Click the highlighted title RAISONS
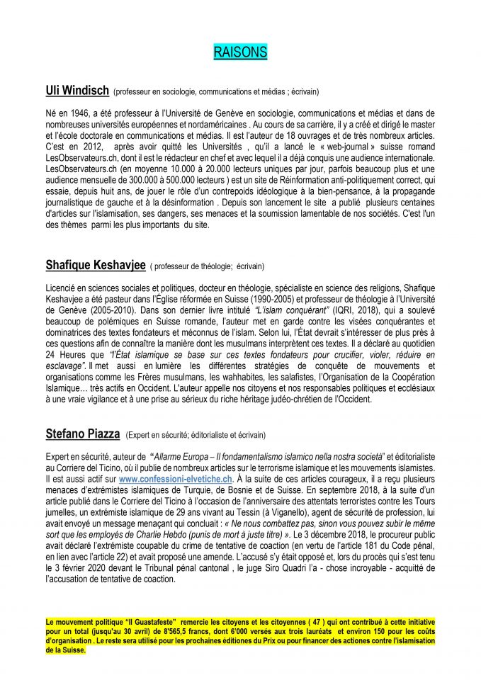240,52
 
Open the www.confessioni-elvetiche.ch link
175,480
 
